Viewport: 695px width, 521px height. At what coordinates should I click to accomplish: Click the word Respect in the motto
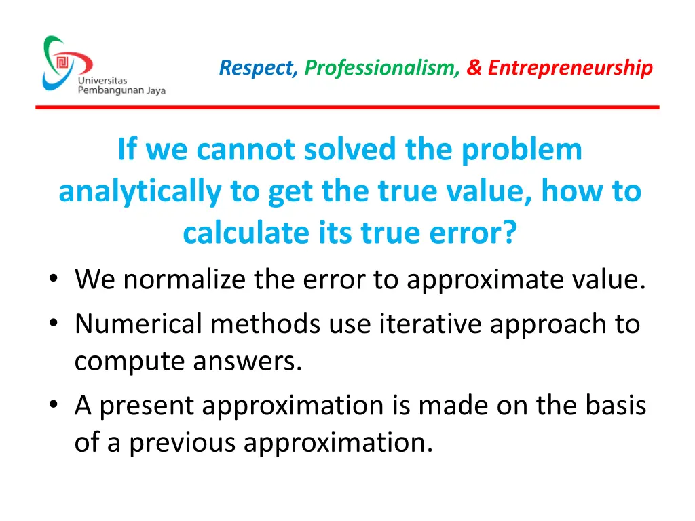[258, 68]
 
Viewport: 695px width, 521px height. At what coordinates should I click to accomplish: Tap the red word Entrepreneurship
[570, 68]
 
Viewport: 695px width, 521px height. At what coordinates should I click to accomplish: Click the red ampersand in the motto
[474, 68]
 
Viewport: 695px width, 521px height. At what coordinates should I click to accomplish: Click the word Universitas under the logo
[102, 81]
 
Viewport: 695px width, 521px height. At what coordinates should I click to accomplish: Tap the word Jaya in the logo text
[155, 91]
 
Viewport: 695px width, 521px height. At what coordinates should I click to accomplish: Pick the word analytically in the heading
[140, 191]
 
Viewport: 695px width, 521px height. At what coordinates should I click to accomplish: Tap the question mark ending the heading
[509, 233]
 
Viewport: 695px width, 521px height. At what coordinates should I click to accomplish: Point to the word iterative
[417, 324]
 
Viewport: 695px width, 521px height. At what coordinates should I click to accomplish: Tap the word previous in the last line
[183, 443]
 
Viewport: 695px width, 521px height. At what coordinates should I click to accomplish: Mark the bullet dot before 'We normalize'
[53, 280]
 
